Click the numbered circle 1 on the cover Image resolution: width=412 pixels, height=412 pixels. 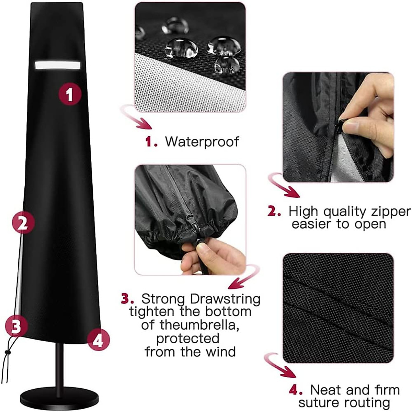[70, 93]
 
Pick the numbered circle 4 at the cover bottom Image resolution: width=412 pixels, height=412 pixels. [98, 341]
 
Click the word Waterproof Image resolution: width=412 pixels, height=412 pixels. [202, 141]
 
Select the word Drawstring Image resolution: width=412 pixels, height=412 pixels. [225, 299]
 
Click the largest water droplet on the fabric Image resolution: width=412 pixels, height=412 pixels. [181, 48]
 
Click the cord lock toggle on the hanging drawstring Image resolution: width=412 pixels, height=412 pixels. [7, 352]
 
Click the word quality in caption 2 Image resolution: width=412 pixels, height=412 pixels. [340, 211]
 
